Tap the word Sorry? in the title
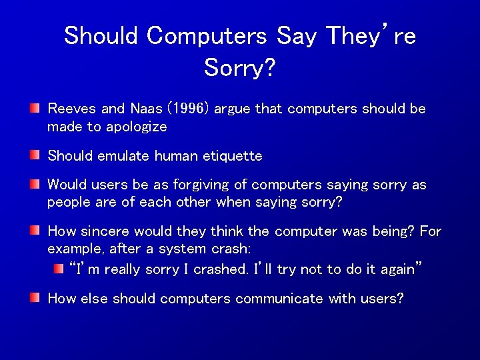[x=239, y=67]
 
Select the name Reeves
[x=70, y=109]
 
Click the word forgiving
[x=177, y=185]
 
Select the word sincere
[x=105, y=231]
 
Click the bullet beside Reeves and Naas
[x=35, y=108]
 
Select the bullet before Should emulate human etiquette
[x=35, y=155]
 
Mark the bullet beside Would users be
[x=35, y=184]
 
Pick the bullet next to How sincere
[x=35, y=231]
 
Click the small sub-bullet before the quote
[x=59, y=269]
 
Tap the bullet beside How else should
[x=35, y=297]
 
